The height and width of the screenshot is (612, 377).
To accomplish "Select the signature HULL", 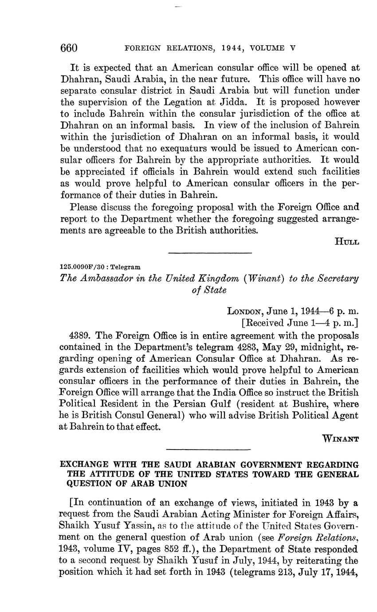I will coord(347,241).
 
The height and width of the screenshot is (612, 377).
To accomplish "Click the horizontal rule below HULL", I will coord(210,253).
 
